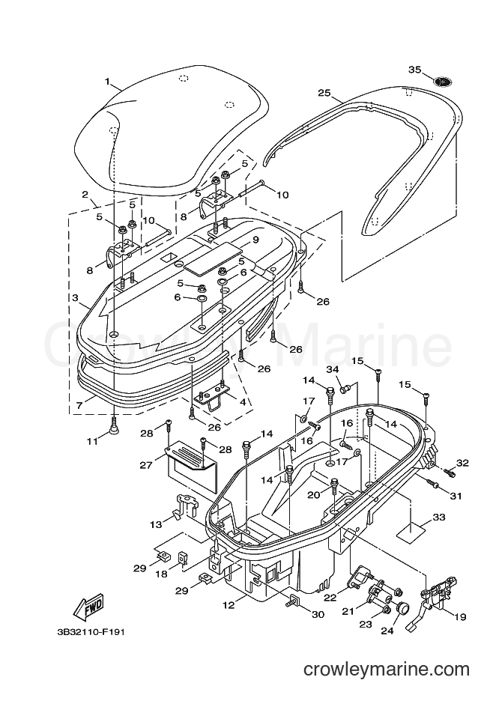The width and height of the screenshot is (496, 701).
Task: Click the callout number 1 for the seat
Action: (x=107, y=82)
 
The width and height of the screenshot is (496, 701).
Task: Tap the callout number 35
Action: (x=414, y=70)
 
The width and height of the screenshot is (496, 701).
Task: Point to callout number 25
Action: (x=324, y=93)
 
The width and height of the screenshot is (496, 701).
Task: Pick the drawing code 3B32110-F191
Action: (x=91, y=632)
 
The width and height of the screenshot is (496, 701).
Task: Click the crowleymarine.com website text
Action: (x=387, y=670)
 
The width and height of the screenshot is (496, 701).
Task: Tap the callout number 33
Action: (x=438, y=518)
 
